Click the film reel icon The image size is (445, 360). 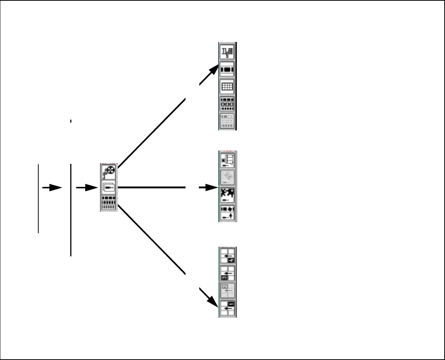point(109,172)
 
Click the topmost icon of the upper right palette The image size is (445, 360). point(228,51)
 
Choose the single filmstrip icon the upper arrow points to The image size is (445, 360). point(228,69)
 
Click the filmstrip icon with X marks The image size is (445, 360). point(228,104)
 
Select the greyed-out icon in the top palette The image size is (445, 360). point(228,121)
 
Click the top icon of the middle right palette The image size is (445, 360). point(228,160)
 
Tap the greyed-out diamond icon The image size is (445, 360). point(228,178)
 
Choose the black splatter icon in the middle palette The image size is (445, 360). point(228,195)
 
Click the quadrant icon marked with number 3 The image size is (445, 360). point(228,273)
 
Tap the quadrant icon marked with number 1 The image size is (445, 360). point(228,308)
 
